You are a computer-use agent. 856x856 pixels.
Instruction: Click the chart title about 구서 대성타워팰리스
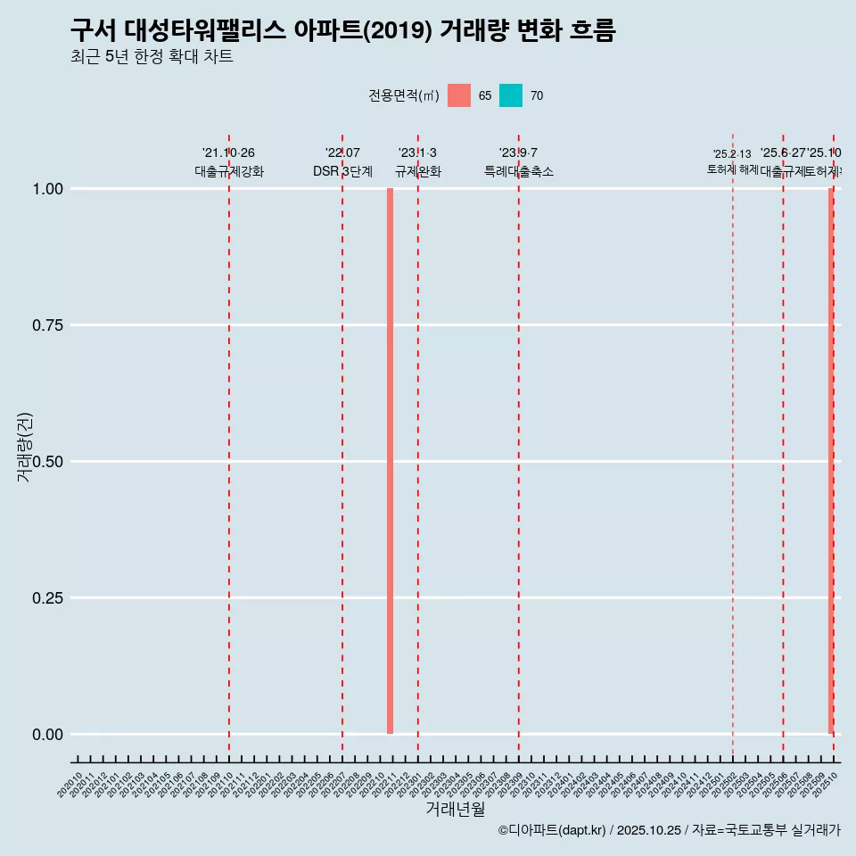click(x=342, y=30)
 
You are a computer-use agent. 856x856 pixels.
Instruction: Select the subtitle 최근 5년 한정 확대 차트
click(x=152, y=57)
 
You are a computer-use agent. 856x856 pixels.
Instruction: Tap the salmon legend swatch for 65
click(x=459, y=95)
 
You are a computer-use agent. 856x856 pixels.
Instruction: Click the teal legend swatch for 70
click(x=511, y=95)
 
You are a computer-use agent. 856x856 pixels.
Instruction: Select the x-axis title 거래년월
click(x=455, y=809)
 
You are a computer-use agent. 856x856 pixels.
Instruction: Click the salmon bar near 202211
click(x=390, y=461)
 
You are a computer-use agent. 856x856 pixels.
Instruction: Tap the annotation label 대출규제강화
click(x=229, y=171)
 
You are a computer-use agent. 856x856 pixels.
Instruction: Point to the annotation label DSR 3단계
click(x=342, y=171)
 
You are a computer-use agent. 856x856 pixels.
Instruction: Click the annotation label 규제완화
click(x=417, y=171)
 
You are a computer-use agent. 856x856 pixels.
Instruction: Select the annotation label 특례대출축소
click(x=518, y=171)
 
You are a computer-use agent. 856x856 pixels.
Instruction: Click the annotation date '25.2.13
click(x=732, y=154)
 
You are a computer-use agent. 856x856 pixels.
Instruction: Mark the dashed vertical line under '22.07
click(x=342, y=446)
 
